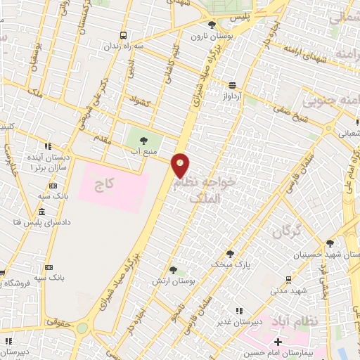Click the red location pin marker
[181, 165]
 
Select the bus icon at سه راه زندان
[124, 34]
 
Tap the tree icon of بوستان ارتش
[173, 269]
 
